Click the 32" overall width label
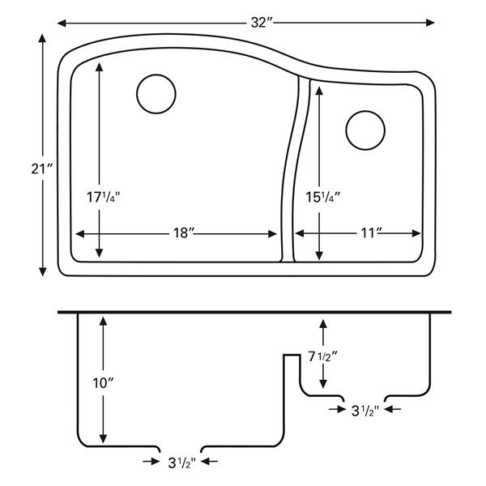pos(259,23)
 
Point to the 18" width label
pos(184,233)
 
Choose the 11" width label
pos(372,233)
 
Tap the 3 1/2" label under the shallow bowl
pos(364,411)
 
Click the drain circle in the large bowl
pos(156,93)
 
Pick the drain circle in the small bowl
pos(365,129)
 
